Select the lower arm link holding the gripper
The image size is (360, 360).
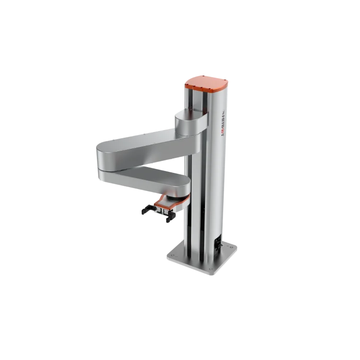point(144,178)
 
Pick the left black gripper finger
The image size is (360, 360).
point(146,209)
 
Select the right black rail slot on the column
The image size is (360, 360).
point(207,192)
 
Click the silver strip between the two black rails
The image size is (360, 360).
point(199,192)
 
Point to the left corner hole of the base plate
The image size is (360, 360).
point(172,249)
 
